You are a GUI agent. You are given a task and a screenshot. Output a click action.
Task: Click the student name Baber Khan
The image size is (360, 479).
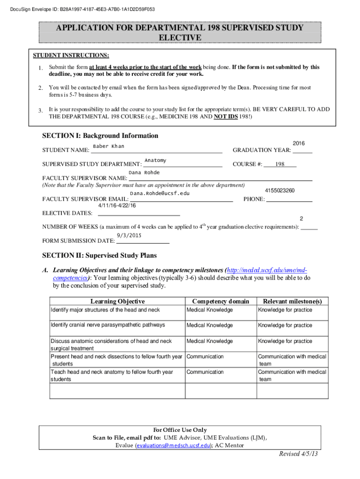tap(108, 146)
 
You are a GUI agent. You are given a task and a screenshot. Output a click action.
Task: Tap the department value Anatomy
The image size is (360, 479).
tap(155, 160)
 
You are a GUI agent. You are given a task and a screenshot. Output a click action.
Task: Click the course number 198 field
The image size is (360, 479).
tap(280, 164)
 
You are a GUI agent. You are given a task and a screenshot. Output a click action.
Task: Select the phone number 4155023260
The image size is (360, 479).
tap(280, 190)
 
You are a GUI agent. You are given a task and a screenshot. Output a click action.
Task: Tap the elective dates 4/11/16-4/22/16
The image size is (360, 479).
tap(117, 205)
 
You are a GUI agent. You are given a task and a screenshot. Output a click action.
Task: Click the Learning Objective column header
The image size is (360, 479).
tap(117, 301)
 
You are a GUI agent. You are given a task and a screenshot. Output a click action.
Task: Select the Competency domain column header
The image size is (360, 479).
tap(221, 301)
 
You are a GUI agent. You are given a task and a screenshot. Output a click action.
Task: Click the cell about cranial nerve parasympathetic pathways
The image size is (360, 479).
tap(108, 325)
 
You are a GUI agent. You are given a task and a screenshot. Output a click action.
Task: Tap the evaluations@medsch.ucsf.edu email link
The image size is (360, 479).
tap(172, 445)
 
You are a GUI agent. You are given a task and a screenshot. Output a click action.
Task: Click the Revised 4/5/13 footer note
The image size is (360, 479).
tap(298, 454)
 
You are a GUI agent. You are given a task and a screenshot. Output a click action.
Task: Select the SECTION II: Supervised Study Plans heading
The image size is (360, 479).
tap(100, 255)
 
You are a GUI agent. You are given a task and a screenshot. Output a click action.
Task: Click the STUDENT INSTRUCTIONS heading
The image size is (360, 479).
tap(71, 55)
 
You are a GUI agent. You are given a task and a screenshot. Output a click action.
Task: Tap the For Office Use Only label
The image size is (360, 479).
tap(180, 430)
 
